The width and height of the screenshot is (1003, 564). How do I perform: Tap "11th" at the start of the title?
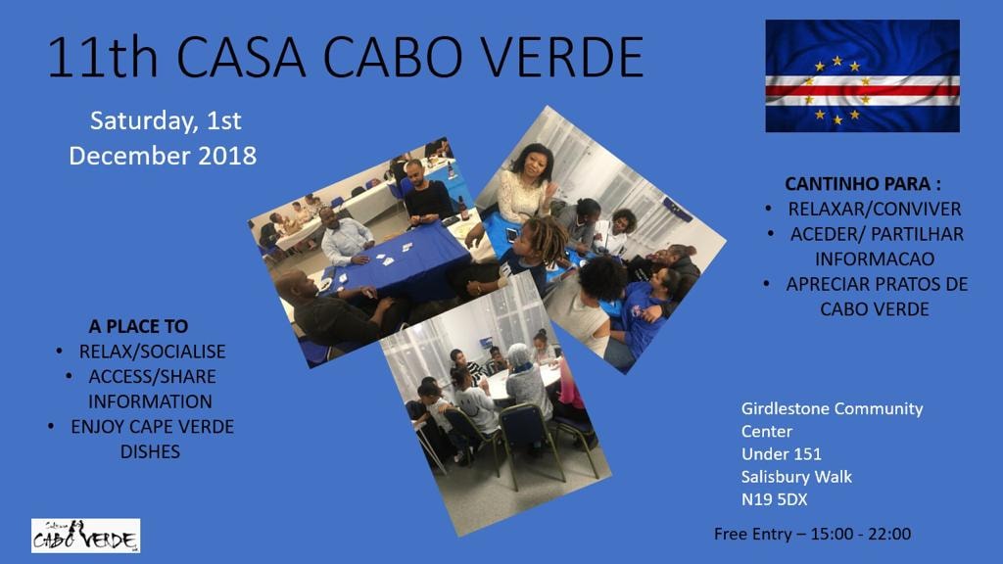(x=102, y=58)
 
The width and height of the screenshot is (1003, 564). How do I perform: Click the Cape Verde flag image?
(x=862, y=76)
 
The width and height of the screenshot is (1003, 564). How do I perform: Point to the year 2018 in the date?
(x=227, y=156)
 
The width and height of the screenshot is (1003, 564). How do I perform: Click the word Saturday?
(x=144, y=120)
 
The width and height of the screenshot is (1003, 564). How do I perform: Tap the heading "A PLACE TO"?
(x=138, y=326)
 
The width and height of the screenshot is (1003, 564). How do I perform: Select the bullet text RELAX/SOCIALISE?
(x=152, y=352)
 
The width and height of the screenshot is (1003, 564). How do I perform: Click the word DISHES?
(x=150, y=451)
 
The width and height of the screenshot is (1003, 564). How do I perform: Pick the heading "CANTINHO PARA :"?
(x=863, y=184)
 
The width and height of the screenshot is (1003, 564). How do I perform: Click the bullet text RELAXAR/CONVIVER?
(x=875, y=210)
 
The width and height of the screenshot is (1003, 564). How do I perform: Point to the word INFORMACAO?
(x=875, y=258)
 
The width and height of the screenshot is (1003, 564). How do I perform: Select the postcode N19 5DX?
(x=774, y=499)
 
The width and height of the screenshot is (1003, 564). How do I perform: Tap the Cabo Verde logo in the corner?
(x=86, y=536)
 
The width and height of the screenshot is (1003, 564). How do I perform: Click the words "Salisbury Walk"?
(x=796, y=477)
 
